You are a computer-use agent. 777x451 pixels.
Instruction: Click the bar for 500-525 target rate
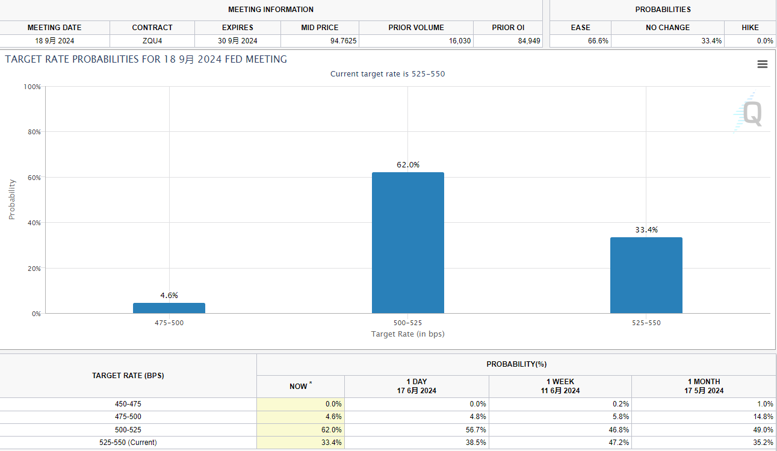pyautogui.click(x=407, y=243)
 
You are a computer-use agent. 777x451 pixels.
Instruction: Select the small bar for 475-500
pyautogui.click(x=169, y=308)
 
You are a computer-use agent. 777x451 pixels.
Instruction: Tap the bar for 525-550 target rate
pyautogui.click(x=646, y=275)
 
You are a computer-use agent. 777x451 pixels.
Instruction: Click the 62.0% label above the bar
pyautogui.click(x=407, y=164)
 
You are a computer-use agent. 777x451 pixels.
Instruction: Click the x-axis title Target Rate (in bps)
pyautogui.click(x=407, y=334)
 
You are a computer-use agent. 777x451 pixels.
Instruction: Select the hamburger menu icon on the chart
pyautogui.click(x=762, y=64)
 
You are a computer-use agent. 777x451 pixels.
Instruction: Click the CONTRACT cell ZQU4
pyautogui.click(x=152, y=41)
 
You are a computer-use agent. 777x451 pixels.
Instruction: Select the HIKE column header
pyautogui.click(x=750, y=27)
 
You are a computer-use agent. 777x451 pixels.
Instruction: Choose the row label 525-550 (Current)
pyautogui.click(x=128, y=443)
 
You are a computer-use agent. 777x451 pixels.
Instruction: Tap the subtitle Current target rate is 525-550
pyautogui.click(x=388, y=74)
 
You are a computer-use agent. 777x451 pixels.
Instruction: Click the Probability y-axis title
pyautogui.click(x=12, y=199)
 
